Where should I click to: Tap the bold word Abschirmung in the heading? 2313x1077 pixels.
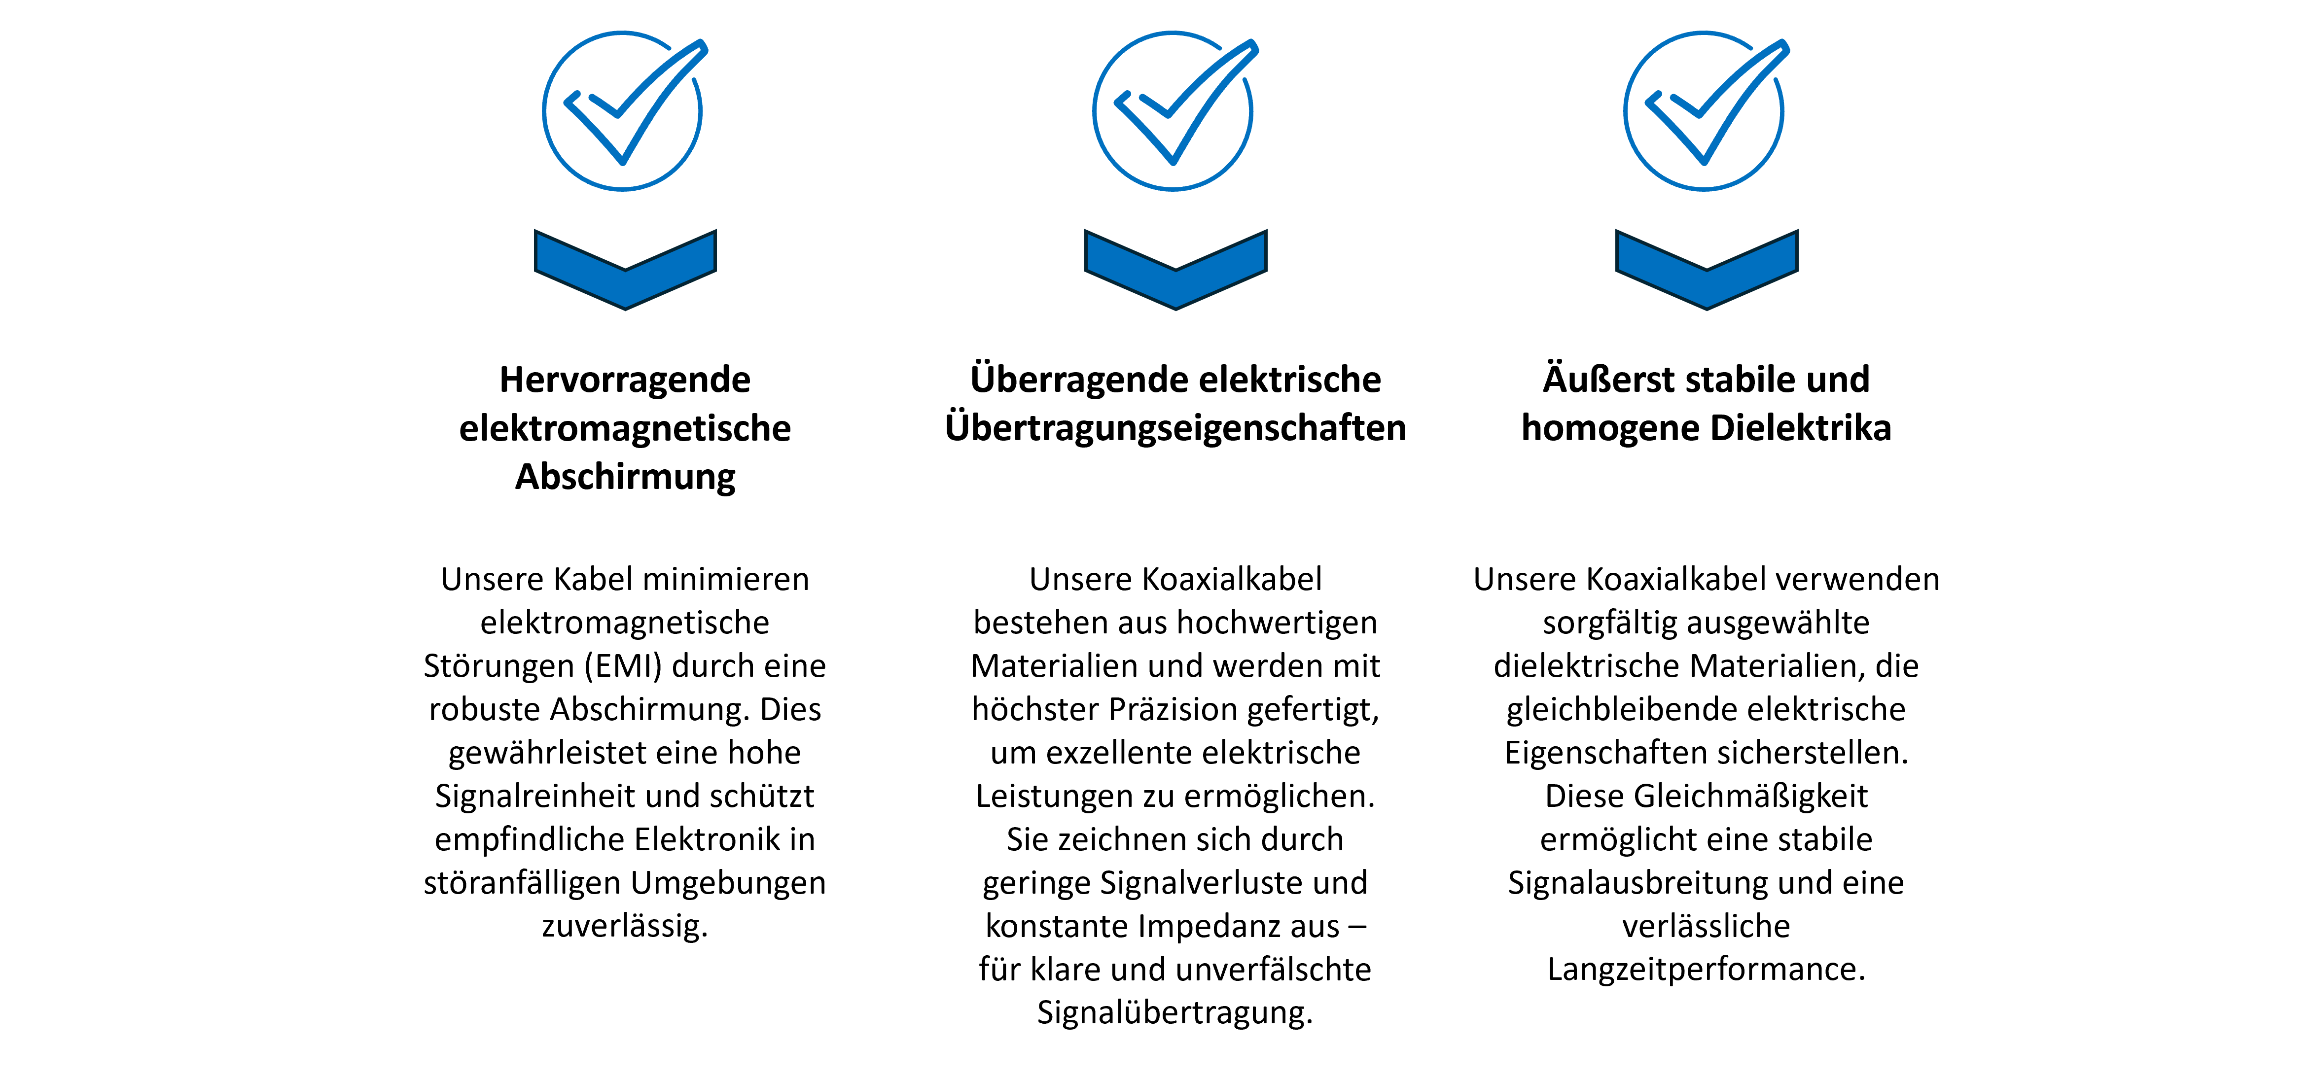point(625,477)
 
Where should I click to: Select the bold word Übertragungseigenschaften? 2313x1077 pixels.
point(1175,428)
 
